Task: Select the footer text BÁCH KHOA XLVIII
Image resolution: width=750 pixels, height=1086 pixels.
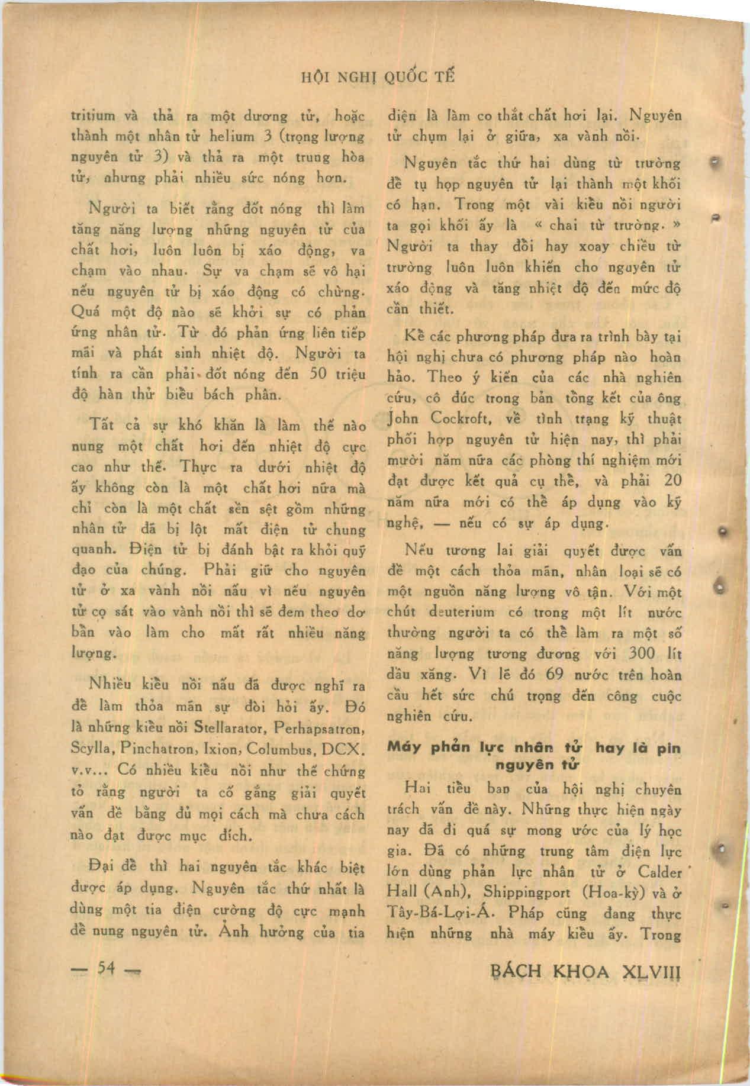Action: (587, 971)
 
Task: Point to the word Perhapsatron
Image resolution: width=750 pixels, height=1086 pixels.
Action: (320, 727)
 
